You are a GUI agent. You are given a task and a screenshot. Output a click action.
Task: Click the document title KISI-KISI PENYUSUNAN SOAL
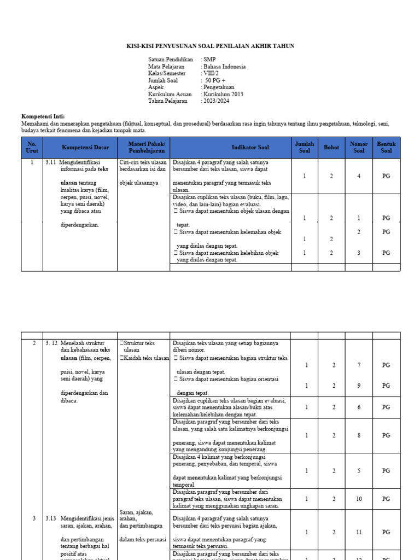(210, 46)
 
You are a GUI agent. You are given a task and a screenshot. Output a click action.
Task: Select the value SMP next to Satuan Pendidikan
(209, 60)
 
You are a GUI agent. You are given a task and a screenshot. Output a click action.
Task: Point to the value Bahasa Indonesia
(224, 67)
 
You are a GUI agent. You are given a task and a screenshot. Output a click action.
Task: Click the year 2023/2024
(218, 101)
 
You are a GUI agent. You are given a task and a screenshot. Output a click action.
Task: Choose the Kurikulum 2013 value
(223, 94)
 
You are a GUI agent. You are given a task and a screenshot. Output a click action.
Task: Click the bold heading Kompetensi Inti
(43, 116)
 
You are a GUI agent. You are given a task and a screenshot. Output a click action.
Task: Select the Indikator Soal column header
(250, 148)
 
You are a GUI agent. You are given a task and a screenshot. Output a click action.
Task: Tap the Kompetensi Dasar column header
(85, 148)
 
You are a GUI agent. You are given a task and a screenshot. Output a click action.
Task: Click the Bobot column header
(331, 148)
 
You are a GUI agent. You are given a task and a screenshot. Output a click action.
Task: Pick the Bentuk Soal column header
(386, 148)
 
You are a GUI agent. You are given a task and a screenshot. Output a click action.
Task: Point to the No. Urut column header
(32, 148)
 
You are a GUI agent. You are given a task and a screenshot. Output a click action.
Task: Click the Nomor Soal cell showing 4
(359, 176)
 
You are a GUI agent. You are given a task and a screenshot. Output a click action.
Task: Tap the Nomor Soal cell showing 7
(359, 365)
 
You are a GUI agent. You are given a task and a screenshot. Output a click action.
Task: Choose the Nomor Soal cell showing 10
(359, 499)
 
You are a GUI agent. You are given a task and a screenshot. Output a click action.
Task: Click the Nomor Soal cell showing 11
(359, 532)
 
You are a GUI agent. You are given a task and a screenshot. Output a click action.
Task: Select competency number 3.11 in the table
(51, 162)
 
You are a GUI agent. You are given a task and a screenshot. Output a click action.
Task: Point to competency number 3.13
(51, 518)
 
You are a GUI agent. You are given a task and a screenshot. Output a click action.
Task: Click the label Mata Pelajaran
(166, 67)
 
